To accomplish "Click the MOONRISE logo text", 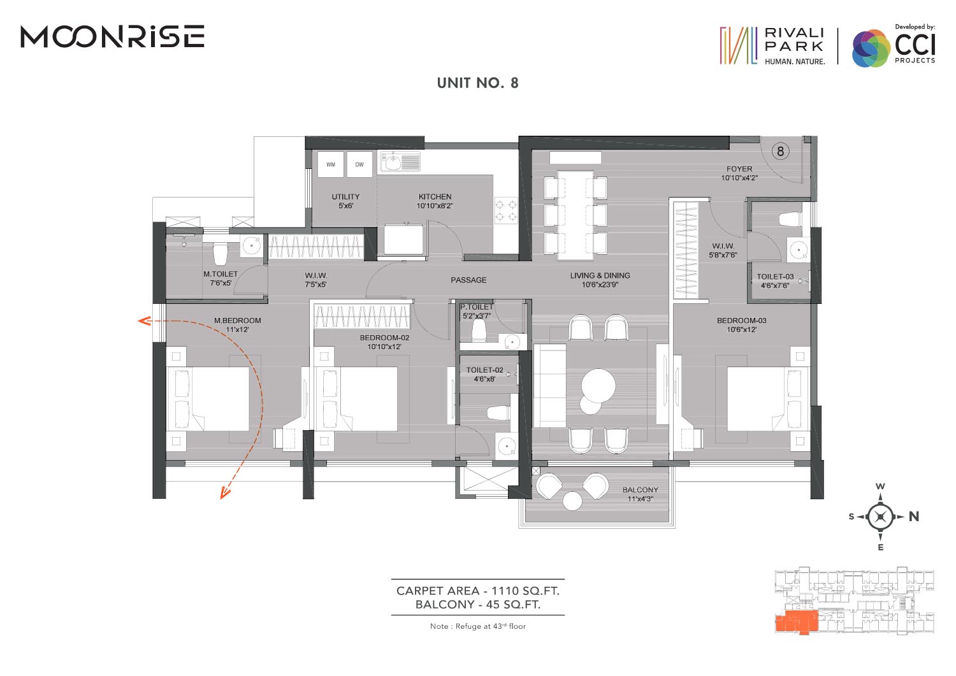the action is (113, 36).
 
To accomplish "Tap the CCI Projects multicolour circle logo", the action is (871, 48).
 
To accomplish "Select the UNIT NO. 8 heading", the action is (477, 83).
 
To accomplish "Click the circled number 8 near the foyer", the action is (780, 151).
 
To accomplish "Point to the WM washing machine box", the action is (331, 164).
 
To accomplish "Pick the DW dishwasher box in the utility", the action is (359, 164).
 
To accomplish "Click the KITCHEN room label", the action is (435, 197).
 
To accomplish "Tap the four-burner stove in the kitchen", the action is (506, 210).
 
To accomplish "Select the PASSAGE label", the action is (468, 280).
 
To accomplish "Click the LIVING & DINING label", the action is (600, 276).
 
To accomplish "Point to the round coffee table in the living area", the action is (598, 385).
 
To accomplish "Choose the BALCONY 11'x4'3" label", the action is (640, 494).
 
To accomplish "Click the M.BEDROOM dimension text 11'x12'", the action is (237, 329).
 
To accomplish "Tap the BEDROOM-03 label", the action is (742, 320).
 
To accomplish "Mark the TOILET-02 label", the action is (485, 370).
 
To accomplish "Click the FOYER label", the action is (739, 169).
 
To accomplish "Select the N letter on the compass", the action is (914, 517).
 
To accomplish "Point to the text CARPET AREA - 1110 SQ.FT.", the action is (477, 591).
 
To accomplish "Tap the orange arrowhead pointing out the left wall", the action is (144, 320).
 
